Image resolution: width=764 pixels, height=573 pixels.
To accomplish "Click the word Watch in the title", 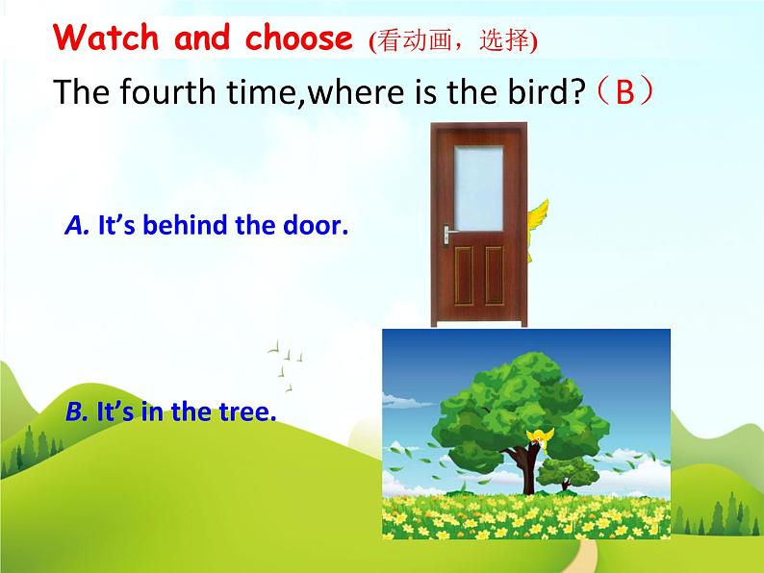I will point(106,37).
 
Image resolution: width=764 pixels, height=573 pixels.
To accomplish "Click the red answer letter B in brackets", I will point(625,93).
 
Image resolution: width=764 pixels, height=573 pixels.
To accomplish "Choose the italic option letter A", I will point(77,226).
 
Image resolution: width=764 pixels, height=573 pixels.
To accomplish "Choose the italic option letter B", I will point(77,412).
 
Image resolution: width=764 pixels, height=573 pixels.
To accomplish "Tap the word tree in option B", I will point(248,412).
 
